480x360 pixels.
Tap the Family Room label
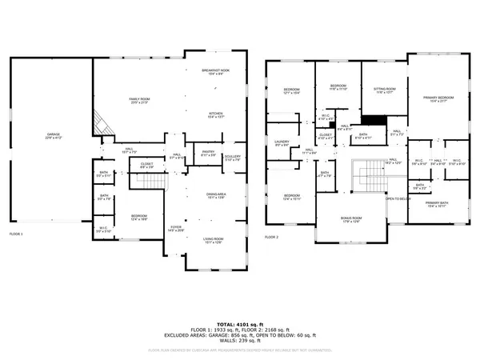click(140, 101)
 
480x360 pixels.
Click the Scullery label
click(233, 158)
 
